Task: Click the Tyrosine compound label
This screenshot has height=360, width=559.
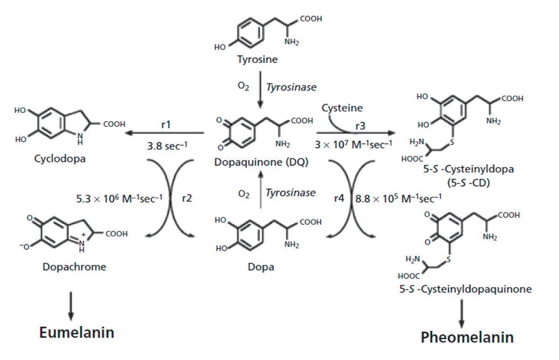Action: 257,59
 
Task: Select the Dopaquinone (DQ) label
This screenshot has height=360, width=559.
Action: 262,162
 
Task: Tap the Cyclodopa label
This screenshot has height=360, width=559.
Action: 60,158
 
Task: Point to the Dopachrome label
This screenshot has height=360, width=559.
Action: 74,267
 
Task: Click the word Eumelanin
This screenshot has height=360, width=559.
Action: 76,332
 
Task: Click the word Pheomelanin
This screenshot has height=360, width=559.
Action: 467,337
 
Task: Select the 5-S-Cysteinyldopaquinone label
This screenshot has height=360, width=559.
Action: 465,289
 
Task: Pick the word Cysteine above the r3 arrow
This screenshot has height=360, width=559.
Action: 342,108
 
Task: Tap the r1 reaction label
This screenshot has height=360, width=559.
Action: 166,125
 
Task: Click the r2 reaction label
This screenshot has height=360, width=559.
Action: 187,198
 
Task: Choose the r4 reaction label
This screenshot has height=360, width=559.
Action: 339,198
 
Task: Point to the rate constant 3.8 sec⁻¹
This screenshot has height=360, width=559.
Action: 167,145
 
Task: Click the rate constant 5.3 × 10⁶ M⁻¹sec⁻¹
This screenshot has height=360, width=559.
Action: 119,198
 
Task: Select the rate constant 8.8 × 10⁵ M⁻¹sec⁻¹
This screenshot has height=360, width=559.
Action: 398,198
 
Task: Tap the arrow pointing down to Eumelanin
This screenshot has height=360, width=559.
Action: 71,306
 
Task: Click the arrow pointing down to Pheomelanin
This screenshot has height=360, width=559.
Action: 462,313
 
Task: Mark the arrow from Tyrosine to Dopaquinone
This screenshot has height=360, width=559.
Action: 260,90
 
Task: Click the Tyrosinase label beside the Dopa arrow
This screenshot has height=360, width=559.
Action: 290,193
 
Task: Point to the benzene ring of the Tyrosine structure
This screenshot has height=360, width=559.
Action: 251,33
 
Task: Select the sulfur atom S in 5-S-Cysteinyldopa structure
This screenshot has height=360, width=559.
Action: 452,143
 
